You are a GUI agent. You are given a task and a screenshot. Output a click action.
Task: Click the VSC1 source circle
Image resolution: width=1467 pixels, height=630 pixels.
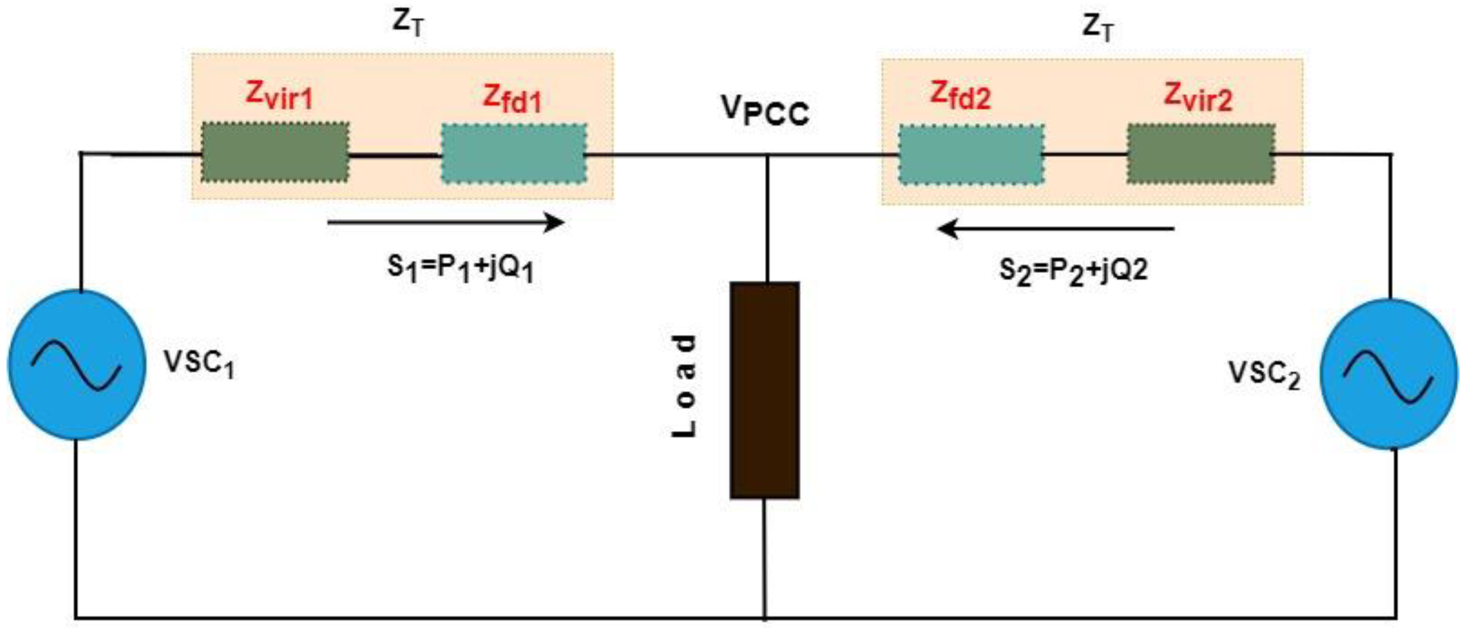tap(77, 365)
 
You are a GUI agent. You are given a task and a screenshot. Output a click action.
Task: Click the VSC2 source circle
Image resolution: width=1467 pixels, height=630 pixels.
tap(1389, 374)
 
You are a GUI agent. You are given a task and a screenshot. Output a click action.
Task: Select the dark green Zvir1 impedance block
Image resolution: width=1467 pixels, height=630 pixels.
tap(275, 153)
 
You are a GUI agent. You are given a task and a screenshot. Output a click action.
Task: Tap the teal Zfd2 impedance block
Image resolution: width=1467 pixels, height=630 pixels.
tap(971, 154)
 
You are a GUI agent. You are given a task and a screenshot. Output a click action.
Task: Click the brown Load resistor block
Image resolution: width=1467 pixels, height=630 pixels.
tap(765, 390)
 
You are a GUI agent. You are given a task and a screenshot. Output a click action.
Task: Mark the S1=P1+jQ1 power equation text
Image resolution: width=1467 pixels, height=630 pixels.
tap(460, 268)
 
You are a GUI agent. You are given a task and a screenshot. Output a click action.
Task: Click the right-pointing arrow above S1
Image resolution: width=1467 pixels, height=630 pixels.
tap(445, 222)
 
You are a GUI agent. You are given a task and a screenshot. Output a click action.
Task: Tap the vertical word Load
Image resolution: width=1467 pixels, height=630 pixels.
tap(684, 386)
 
